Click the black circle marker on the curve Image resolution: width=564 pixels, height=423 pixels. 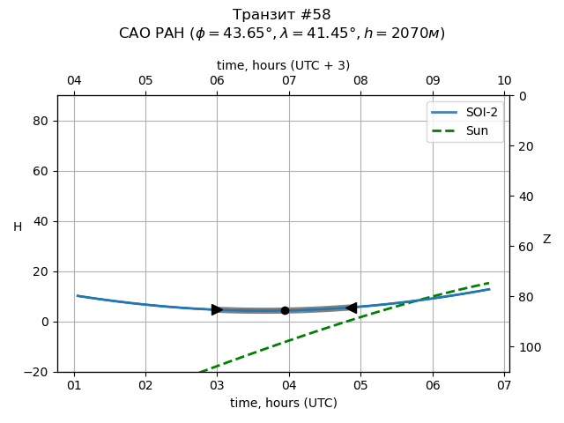pyautogui.click(x=285, y=310)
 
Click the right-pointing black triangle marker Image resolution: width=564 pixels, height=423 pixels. pyautogui.click(x=217, y=309)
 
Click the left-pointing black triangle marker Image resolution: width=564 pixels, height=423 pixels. pyautogui.click(x=351, y=308)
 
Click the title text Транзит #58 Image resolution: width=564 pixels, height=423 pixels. pyautogui.click(x=282, y=15)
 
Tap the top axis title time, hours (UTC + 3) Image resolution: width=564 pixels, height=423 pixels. pyautogui.click(x=283, y=65)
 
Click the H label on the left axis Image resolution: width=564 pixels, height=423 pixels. pyautogui.click(x=18, y=227)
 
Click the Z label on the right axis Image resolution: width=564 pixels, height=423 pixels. pyautogui.click(x=546, y=240)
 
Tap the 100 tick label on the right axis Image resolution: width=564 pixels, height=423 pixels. pyautogui.click(x=528, y=347)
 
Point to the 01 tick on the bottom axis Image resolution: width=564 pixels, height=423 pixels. pyautogui.click(x=74, y=385)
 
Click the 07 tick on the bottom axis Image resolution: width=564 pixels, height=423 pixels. pyautogui.click(x=503, y=385)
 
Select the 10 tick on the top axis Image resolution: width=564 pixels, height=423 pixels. pyautogui.click(x=504, y=81)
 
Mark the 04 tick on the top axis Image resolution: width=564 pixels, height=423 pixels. pyautogui.click(x=74, y=81)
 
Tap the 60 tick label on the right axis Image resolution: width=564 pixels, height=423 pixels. pyautogui.click(x=524, y=247)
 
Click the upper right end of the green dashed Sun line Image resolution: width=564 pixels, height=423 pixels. pyautogui.click(x=489, y=283)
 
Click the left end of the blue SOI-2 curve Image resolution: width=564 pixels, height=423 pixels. pyautogui.click(x=78, y=296)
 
